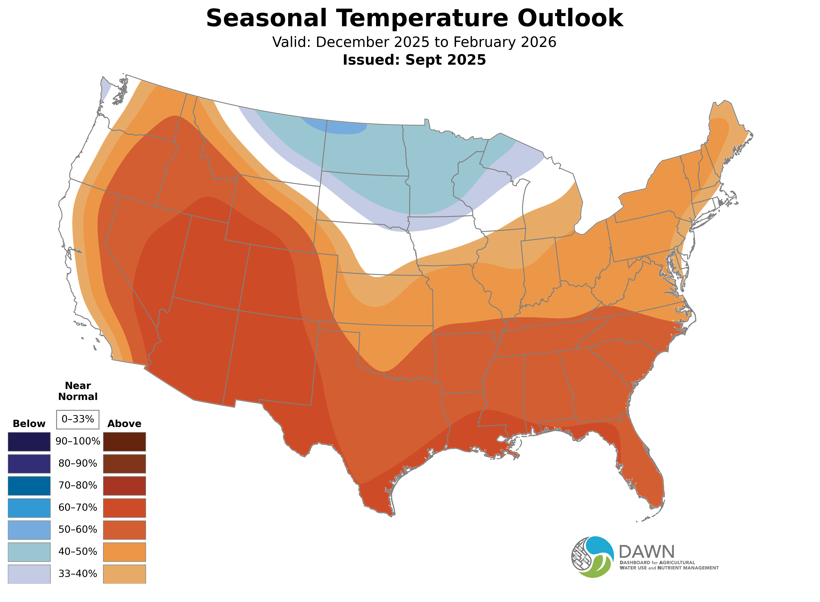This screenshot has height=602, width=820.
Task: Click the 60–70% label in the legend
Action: point(78,508)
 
